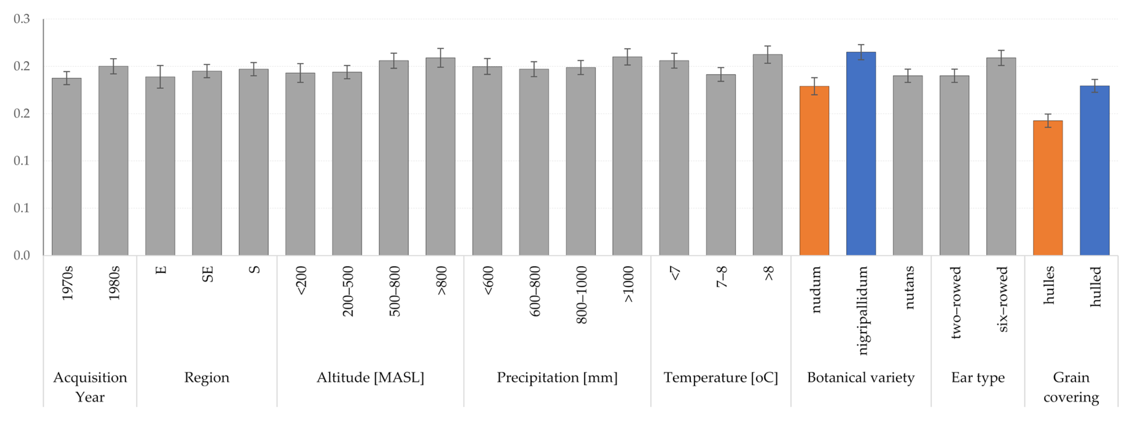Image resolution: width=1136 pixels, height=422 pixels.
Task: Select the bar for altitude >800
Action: pyautogui.click(x=440, y=156)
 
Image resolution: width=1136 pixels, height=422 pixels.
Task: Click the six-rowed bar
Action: pyautogui.click(x=1001, y=156)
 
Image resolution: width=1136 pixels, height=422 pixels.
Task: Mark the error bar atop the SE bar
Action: pyautogui.click(x=207, y=71)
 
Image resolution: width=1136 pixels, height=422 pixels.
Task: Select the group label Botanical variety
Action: pyautogui.click(x=861, y=377)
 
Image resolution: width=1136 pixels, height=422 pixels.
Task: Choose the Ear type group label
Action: pyautogui.click(x=978, y=377)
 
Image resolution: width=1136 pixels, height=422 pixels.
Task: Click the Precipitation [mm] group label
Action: pyautogui.click(x=557, y=377)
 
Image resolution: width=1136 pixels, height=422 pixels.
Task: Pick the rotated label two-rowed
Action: pyautogui.click(x=955, y=302)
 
